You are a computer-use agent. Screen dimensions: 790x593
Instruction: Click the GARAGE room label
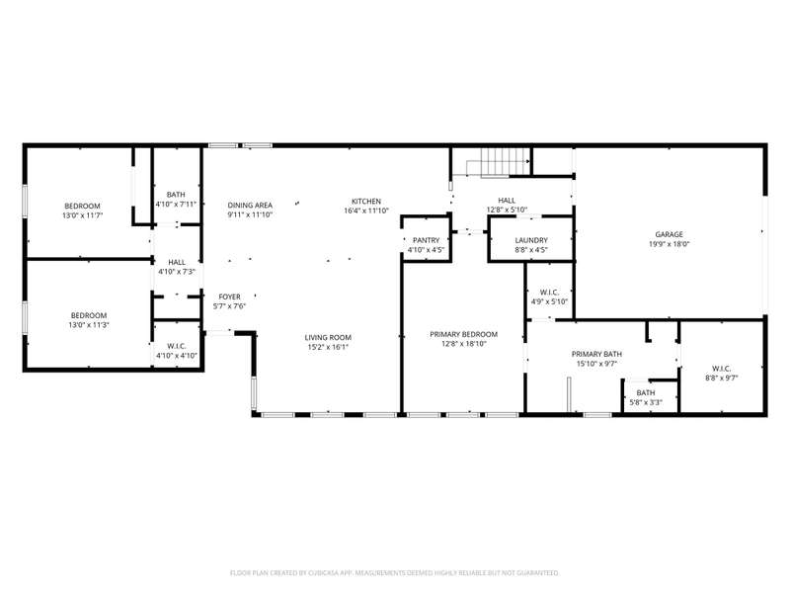click(670, 234)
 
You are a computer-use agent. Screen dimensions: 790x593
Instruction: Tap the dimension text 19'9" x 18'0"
click(670, 244)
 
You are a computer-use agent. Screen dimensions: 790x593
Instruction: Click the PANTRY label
click(427, 240)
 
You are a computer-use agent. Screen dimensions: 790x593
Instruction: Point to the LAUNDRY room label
click(531, 240)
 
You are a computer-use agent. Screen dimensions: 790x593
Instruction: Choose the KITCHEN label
click(366, 202)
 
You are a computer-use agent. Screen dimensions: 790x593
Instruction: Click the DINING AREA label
click(250, 206)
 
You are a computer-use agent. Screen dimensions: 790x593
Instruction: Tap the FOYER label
click(229, 297)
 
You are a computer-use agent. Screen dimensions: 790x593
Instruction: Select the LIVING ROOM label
click(328, 337)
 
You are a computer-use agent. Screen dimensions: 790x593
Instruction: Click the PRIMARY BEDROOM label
click(463, 334)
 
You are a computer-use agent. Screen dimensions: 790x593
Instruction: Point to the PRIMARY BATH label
click(596, 354)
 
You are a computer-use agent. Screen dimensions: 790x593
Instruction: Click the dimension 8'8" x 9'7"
click(722, 378)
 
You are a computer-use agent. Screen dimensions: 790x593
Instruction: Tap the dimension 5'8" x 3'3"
click(646, 402)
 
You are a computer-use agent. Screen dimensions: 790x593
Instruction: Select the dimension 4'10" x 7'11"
click(176, 205)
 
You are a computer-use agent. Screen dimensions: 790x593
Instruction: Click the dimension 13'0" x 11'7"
click(82, 215)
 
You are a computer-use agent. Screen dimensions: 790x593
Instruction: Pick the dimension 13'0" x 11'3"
click(89, 325)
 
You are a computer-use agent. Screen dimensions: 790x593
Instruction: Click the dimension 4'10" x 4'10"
click(177, 356)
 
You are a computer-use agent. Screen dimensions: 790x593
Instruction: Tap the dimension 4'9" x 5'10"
click(549, 301)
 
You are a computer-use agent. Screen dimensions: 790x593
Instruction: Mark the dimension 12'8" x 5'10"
click(507, 210)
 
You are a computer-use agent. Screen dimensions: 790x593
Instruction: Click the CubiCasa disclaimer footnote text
click(394, 573)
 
